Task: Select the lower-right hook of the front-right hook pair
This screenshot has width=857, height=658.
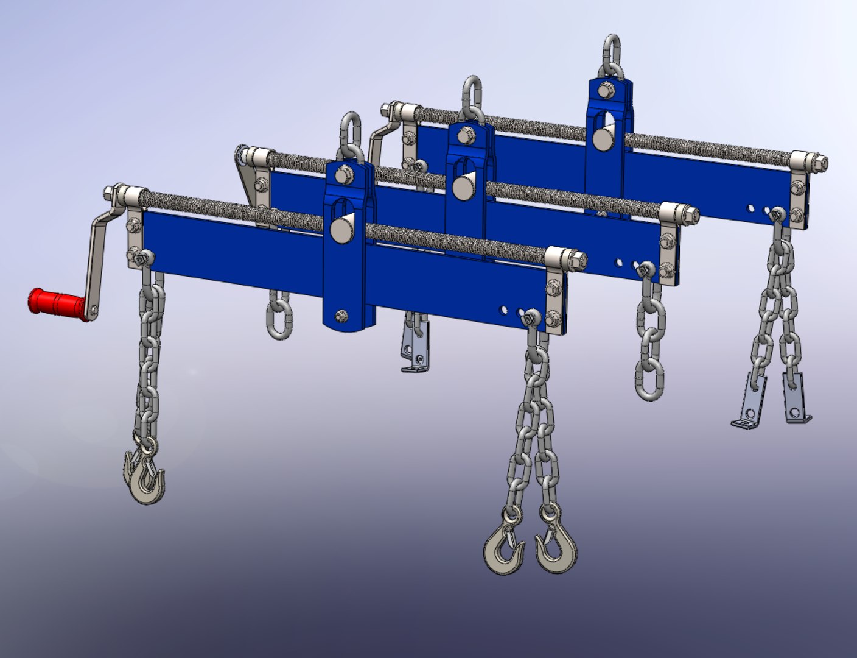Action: pos(555,545)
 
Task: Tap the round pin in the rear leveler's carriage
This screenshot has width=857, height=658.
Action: pos(604,138)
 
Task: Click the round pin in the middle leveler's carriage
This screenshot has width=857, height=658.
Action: pos(465,185)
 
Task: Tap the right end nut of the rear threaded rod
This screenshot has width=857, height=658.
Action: pos(819,163)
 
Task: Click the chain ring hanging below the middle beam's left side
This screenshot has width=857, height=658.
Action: pos(279,317)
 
